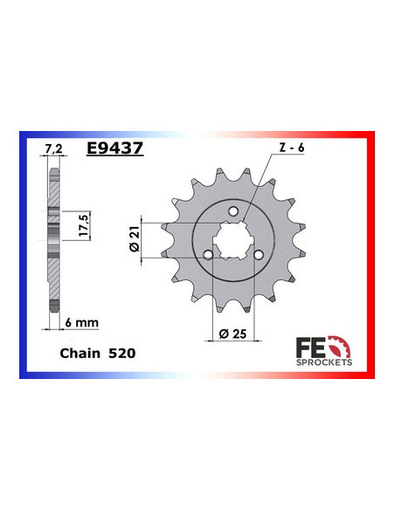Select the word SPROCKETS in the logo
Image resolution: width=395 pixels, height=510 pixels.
325,361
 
